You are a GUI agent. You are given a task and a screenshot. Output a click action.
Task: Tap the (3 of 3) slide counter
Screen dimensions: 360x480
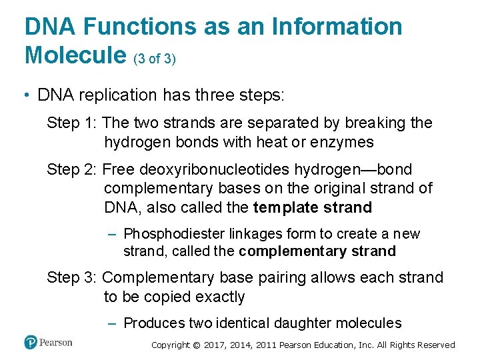click(x=155, y=59)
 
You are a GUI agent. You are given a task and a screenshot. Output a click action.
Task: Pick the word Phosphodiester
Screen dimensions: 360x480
click(x=175, y=234)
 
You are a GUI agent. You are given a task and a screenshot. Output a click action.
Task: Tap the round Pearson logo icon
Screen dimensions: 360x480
click(x=31, y=343)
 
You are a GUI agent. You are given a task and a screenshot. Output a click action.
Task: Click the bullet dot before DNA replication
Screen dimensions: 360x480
click(x=27, y=96)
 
